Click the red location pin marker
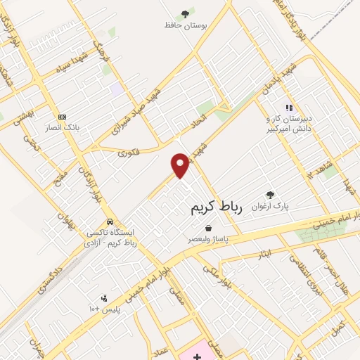coord(181,166)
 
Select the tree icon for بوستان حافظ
coord(185,13)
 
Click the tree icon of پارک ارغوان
coord(270,195)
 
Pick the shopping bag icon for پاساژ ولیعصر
coord(209,228)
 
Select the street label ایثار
coord(265,252)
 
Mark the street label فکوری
coord(129,150)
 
